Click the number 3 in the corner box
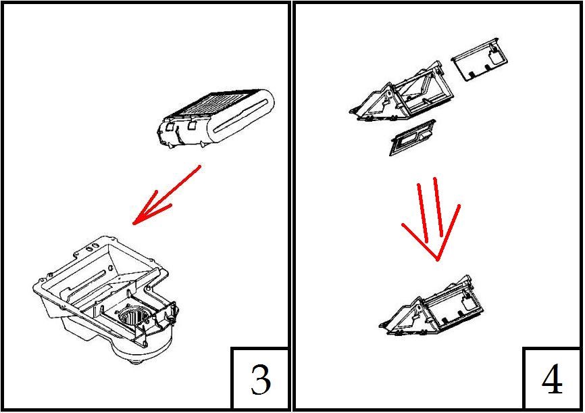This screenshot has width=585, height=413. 261,379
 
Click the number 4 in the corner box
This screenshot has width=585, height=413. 552,379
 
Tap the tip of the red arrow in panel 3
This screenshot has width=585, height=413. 134,224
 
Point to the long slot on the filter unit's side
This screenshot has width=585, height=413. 238,116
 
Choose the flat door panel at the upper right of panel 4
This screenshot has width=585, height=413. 480,59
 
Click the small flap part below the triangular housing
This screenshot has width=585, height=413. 413,137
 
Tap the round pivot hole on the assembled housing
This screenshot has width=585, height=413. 419,309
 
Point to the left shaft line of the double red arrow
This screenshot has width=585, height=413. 423,213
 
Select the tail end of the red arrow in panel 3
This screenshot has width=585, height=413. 201,166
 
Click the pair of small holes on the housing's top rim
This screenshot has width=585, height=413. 92,247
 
